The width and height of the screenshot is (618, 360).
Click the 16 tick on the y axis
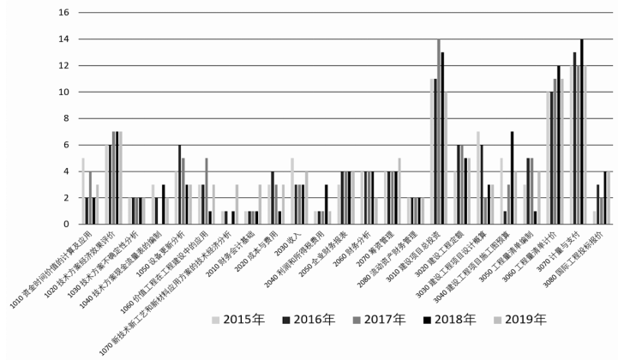pos(63,13)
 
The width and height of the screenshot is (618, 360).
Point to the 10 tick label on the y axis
pos(63,93)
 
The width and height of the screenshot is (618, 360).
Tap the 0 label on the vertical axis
pos(65,225)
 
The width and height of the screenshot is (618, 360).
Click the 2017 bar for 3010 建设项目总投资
pos(438,132)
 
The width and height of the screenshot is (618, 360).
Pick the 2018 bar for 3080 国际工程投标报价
pos(604,198)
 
